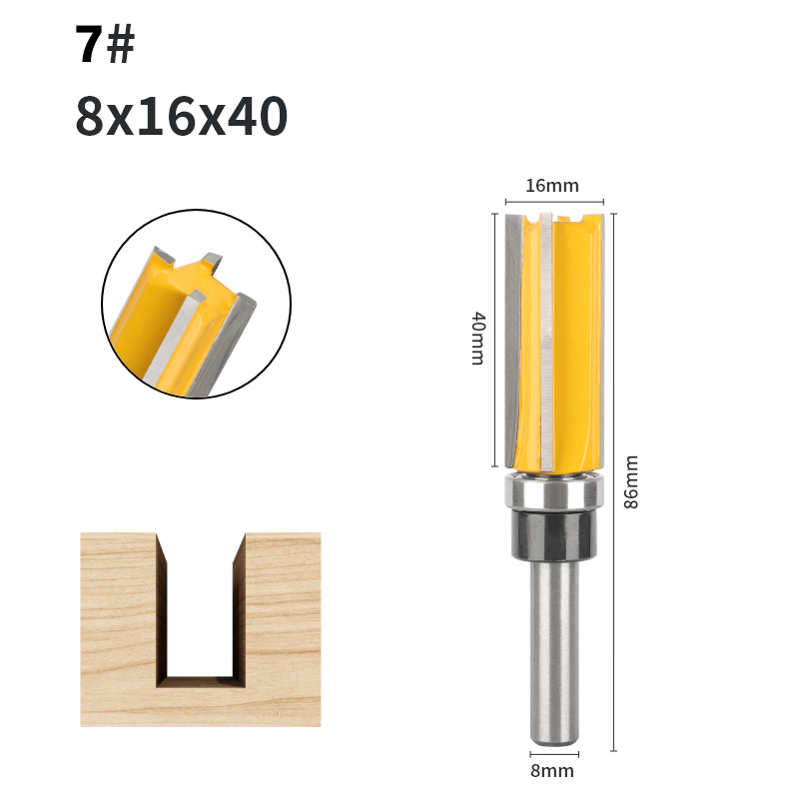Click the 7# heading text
coord(105,46)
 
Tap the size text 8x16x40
coord(181,118)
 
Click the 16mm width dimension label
coord(551,185)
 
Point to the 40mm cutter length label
coord(477,339)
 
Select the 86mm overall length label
coord(630,481)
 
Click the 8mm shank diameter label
coord(551,770)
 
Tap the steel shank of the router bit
coord(552,649)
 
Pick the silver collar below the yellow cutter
coord(553,491)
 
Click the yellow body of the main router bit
coord(574,340)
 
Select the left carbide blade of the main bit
coord(512,340)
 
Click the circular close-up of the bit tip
coord(196,304)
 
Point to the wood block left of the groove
coord(118,629)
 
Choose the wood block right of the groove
coord(283,629)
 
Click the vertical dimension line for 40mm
coord(494,340)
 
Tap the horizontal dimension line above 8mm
coord(552,750)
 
